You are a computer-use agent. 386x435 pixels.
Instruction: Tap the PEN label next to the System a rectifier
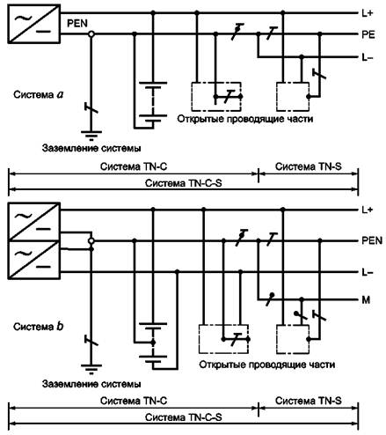(77, 24)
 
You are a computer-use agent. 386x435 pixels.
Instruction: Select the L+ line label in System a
(367, 13)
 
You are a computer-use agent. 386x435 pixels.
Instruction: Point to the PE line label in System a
(368, 34)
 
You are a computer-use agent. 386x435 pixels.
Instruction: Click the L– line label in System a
(368, 57)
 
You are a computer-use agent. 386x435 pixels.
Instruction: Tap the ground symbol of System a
(91, 135)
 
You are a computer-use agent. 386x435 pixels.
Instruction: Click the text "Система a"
(39, 94)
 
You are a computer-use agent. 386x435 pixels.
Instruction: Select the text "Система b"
(39, 327)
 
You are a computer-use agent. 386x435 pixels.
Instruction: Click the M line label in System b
(366, 300)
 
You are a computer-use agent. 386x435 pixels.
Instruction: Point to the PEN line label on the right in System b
(372, 240)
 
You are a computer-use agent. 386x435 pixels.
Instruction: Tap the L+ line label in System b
(367, 210)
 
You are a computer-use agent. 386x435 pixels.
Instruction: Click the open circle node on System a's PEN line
(91, 34)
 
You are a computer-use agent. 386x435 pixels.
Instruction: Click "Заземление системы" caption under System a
(91, 148)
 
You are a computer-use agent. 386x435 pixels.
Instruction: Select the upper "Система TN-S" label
(309, 166)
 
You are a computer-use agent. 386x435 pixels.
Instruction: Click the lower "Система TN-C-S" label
(184, 417)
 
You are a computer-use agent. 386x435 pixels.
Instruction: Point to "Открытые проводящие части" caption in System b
(267, 365)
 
